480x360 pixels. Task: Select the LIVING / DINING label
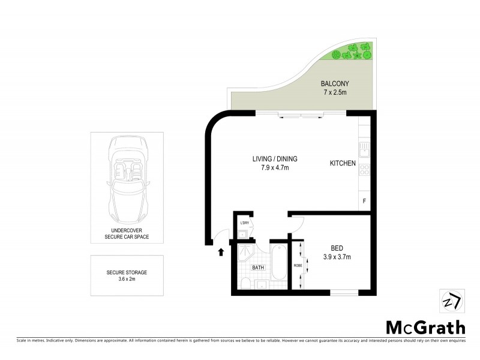point(275,159)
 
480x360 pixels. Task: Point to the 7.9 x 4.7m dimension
point(275,168)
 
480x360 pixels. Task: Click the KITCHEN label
point(343,163)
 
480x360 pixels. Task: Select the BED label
point(337,248)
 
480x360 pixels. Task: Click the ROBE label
point(298,264)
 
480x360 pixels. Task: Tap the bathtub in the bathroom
point(279,263)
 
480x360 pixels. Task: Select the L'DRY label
point(244,223)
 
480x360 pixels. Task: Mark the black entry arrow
point(221,252)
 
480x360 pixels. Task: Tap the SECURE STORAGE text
point(126,272)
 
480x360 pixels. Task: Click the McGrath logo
point(424,328)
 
